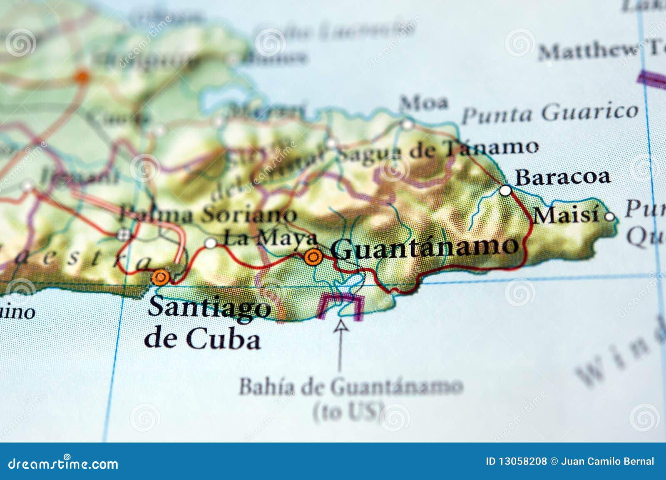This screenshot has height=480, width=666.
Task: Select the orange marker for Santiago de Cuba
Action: (x=160, y=277)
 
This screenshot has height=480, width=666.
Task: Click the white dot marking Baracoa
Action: (x=505, y=191)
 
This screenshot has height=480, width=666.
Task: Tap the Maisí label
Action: (x=567, y=216)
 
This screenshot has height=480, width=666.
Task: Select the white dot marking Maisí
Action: (x=609, y=216)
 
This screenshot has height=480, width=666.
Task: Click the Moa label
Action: (x=424, y=103)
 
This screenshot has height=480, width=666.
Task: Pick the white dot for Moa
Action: (x=408, y=124)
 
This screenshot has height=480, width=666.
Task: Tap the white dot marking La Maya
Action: (x=211, y=243)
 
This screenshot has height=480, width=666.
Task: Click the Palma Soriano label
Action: (x=208, y=215)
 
